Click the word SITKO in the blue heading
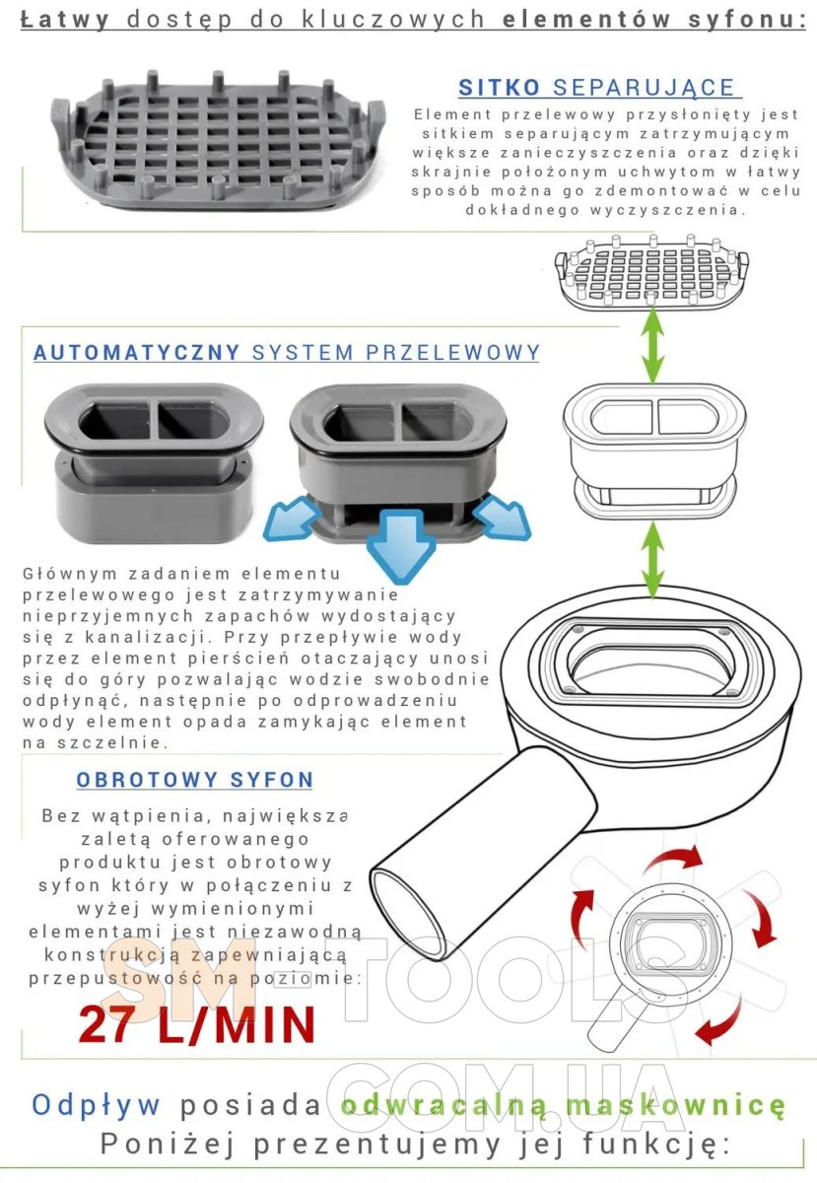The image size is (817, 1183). click(x=499, y=88)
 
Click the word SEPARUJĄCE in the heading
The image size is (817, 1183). click(x=644, y=89)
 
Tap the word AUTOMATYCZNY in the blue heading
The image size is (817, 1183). click(x=136, y=352)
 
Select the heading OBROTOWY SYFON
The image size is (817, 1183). click(x=195, y=780)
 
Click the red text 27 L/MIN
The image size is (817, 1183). click(x=197, y=1023)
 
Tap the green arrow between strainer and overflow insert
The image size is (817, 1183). click(x=653, y=345)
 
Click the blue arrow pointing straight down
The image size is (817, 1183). click(x=401, y=540)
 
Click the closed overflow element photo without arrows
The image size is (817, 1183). click(x=154, y=463)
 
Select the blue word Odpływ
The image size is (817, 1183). click(x=96, y=1105)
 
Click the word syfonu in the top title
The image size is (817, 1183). click(x=747, y=20)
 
